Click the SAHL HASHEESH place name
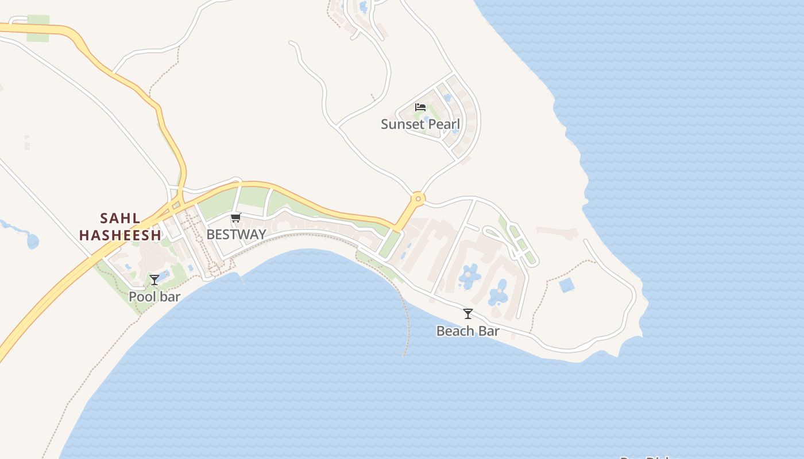click(x=120, y=227)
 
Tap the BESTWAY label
click(x=236, y=234)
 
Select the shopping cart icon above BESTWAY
click(x=235, y=218)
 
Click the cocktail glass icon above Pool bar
click(x=154, y=280)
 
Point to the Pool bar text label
click(x=154, y=297)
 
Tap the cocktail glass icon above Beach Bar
click(x=468, y=314)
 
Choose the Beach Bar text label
click(x=468, y=331)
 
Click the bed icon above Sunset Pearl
click(x=420, y=107)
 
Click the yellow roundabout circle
click(x=418, y=199)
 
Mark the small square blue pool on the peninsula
click(x=567, y=285)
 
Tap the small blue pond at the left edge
click(x=33, y=241)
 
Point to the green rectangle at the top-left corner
click(x=38, y=28)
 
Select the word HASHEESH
click(x=120, y=235)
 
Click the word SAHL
click(x=120, y=219)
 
